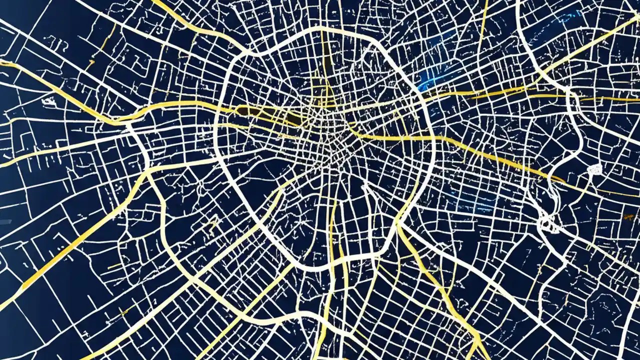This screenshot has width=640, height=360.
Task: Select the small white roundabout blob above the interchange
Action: pyautogui.click(x=594, y=169)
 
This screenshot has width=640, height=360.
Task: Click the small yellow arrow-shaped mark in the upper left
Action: pyautogui.click(x=90, y=63)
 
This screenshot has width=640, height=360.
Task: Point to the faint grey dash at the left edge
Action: pyautogui.click(x=5, y=221)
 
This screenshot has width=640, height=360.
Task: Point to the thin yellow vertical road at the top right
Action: pyautogui.click(x=484, y=20)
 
